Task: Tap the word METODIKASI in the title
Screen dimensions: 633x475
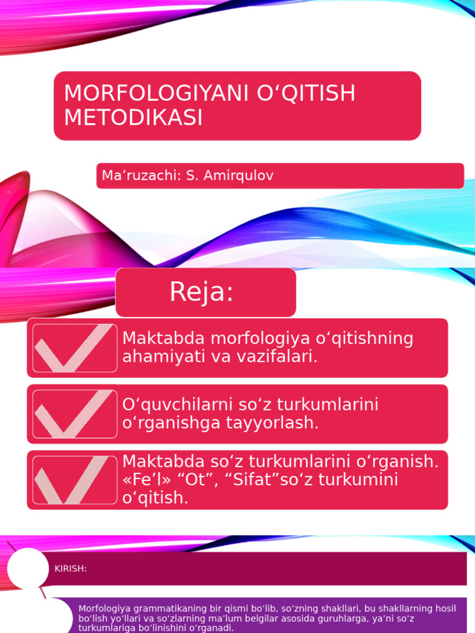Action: tap(133, 117)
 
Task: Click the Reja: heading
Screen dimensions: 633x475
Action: tap(202, 292)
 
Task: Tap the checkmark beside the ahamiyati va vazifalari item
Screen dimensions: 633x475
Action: tap(75, 348)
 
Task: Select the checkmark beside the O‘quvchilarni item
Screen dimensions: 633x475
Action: tap(75, 414)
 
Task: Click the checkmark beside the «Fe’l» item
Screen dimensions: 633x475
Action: tap(75, 480)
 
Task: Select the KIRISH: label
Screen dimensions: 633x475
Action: tap(71, 569)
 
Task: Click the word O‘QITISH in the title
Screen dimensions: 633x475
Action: tap(307, 93)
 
